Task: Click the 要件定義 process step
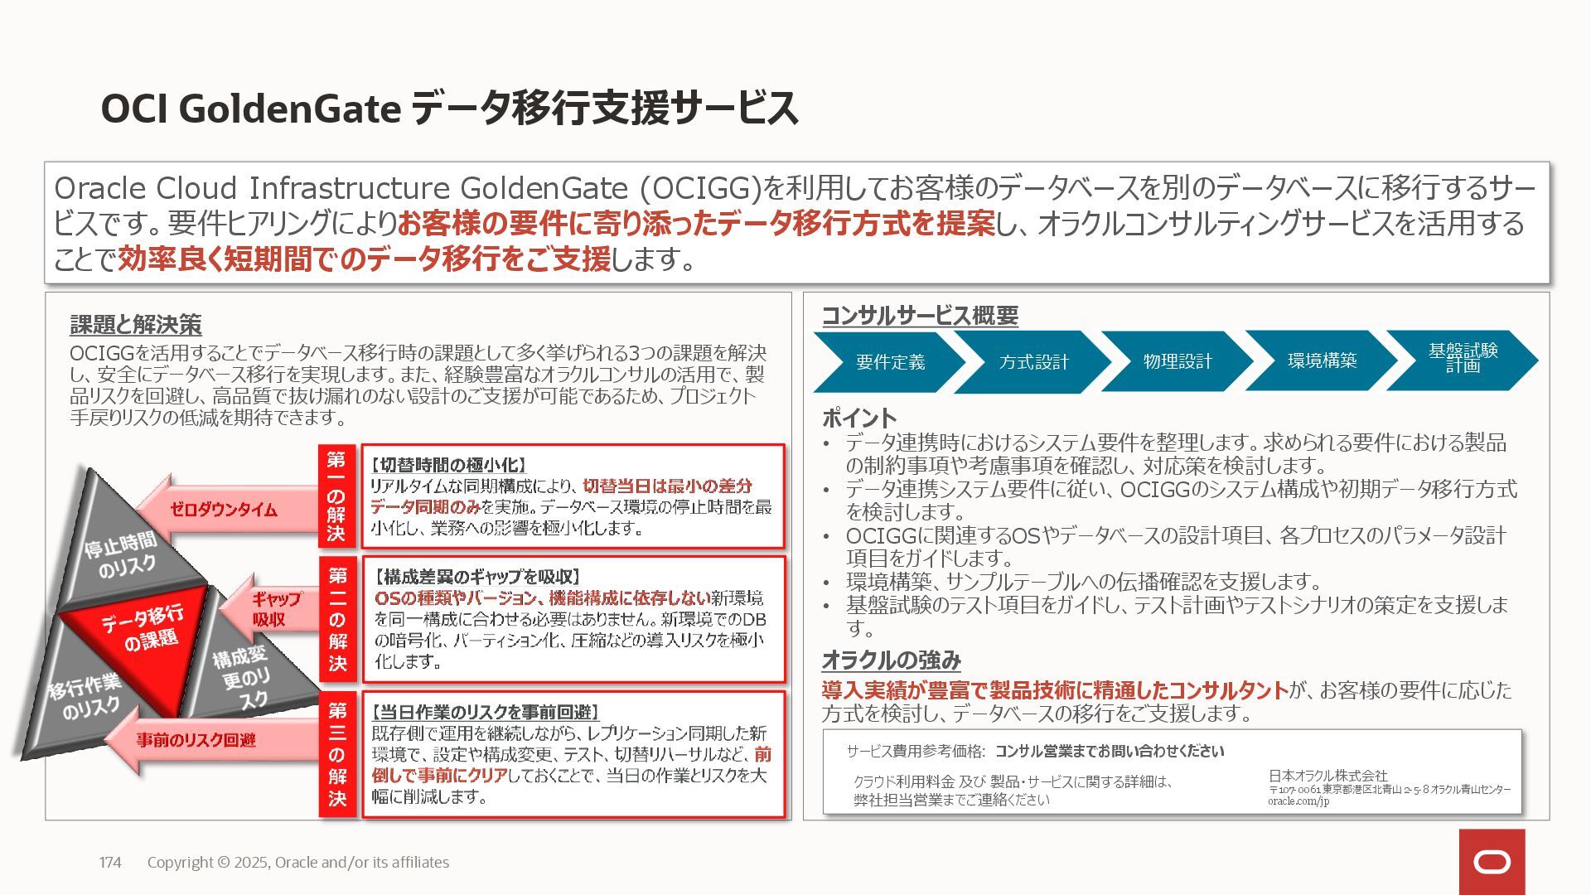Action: pos(889,362)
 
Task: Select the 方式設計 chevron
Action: pos(1033,362)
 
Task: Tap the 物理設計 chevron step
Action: pos(1177,361)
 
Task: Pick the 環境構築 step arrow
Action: pos(1322,360)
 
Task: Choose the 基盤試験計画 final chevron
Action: pos(1463,359)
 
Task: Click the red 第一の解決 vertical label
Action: pos(336,496)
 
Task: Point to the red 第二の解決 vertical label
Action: pos(337,619)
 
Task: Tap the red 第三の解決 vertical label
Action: pos(337,754)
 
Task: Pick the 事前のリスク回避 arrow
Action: pos(199,740)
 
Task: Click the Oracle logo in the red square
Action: pos(1492,862)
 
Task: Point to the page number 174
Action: pos(110,863)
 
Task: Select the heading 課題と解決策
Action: pos(136,325)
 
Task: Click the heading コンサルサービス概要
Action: pos(920,316)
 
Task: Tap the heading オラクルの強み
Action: pos(891,660)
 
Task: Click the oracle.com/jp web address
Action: pos(1298,801)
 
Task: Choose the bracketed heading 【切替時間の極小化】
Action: pos(448,466)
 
